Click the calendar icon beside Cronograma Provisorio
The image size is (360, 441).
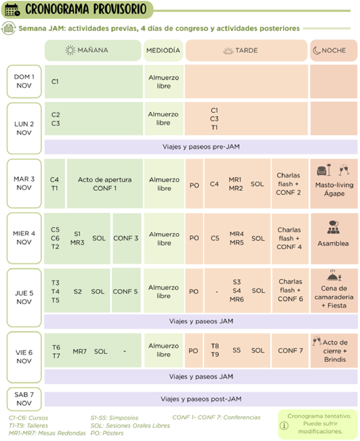pos(12,10)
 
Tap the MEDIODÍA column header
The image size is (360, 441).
pos(163,50)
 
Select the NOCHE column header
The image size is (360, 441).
pos(334,50)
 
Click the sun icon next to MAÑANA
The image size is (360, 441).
pos(70,50)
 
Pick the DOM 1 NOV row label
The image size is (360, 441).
pos(24,81)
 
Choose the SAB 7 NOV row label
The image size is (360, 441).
pos(24,399)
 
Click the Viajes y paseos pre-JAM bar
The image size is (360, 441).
pos(201,147)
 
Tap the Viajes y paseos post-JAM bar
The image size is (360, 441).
pos(201,399)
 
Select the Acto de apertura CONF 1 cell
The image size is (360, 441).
pos(105,184)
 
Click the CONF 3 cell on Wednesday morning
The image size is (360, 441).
pos(126,238)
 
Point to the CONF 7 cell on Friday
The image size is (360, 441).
pos(290,351)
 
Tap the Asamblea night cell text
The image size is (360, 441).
pos(333,244)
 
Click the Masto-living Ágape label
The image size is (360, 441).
pos(334,189)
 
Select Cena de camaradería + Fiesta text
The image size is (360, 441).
pos(334,297)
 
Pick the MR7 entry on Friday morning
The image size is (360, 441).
pos(80,351)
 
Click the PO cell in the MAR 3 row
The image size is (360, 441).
pos(194,185)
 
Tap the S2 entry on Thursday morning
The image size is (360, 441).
pos(77,291)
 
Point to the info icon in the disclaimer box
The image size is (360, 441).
pos(284,425)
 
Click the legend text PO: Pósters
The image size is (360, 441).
pos(107,433)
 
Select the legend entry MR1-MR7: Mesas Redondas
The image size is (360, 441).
pos(47,433)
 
